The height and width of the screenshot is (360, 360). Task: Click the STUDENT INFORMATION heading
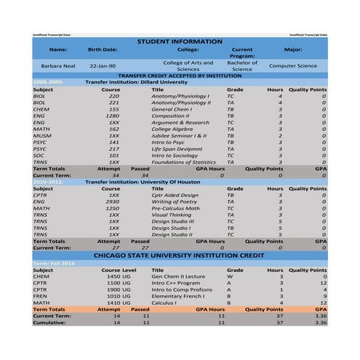tap(180, 41)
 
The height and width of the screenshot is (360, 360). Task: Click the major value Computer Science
tap(292, 65)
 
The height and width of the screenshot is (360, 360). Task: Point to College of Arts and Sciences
tap(188, 65)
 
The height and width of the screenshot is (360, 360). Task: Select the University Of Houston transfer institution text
tap(150, 181)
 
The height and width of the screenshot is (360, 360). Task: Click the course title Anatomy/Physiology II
tap(180, 103)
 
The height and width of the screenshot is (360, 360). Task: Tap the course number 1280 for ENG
tap(112, 116)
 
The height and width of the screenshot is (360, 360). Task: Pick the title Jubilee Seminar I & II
tap(179, 135)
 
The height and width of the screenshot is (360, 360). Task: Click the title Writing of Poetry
tap(175, 201)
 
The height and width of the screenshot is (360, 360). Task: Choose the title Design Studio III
tap(175, 221)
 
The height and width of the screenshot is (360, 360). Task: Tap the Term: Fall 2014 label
tap(53, 263)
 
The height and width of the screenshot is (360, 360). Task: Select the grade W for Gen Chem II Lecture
tap(229, 276)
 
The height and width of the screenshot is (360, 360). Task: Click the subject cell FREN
tap(41, 296)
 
